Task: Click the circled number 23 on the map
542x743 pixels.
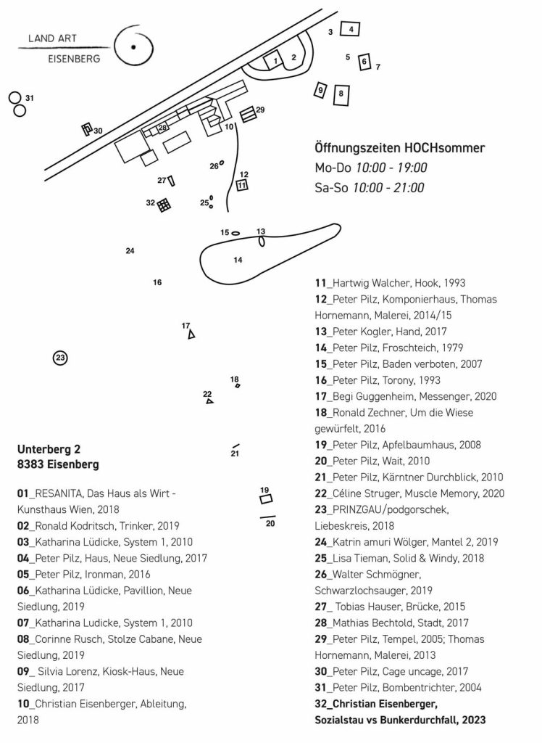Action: pos(60,358)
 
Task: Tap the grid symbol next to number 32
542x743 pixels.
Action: pos(164,205)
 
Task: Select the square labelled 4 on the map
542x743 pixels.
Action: pos(351,29)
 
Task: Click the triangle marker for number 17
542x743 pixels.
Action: pos(191,335)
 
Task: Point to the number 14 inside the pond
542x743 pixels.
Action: pos(238,259)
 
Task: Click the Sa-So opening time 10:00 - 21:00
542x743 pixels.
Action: pos(388,187)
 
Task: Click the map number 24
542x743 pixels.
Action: pos(130,251)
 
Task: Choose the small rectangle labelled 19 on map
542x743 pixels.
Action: pos(266,499)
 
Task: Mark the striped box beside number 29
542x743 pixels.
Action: pos(248,114)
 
